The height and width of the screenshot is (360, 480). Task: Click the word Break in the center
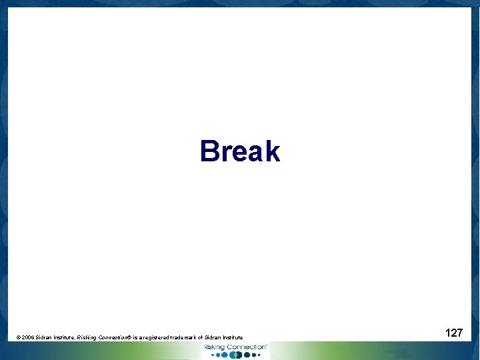(x=240, y=151)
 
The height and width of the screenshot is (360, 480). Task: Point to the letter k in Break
(x=272, y=151)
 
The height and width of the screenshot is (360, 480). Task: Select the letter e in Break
(x=239, y=153)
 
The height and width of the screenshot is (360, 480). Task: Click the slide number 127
(x=454, y=333)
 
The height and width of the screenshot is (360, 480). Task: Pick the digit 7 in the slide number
(x=459, y=333)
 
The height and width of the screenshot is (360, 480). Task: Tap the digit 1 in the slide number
(x=448, y=333)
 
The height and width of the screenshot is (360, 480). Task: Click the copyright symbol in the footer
(x=18, y=338)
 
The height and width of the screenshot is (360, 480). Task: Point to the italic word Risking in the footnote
(x=87, y=338)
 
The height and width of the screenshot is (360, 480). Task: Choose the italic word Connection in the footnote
(x=114, y=338)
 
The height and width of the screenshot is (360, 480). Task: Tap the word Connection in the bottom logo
(x=246, y=347)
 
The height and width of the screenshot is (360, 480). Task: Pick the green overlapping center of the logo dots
(x=235, y=355)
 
